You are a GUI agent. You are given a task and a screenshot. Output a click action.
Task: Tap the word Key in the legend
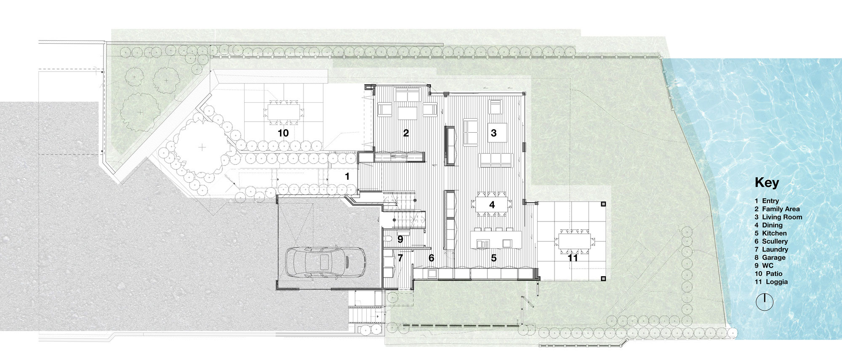pos(767,183)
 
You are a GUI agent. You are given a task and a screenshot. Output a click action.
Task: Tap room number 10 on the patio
pos(283,133)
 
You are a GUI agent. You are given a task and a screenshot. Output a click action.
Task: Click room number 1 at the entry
pos(347,177)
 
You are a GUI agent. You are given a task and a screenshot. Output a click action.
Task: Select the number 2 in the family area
pos(406,133)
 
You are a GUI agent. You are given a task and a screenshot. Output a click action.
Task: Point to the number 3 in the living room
pos(493,133)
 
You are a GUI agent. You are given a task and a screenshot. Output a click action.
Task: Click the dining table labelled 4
pos(492,205)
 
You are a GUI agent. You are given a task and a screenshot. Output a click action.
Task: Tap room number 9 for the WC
pos(400,239)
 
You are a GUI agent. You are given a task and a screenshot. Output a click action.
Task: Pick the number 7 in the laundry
pos(400,257)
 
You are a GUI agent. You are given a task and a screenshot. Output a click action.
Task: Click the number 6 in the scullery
pos(431,258)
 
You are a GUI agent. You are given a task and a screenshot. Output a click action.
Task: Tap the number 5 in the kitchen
pos(493,258)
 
